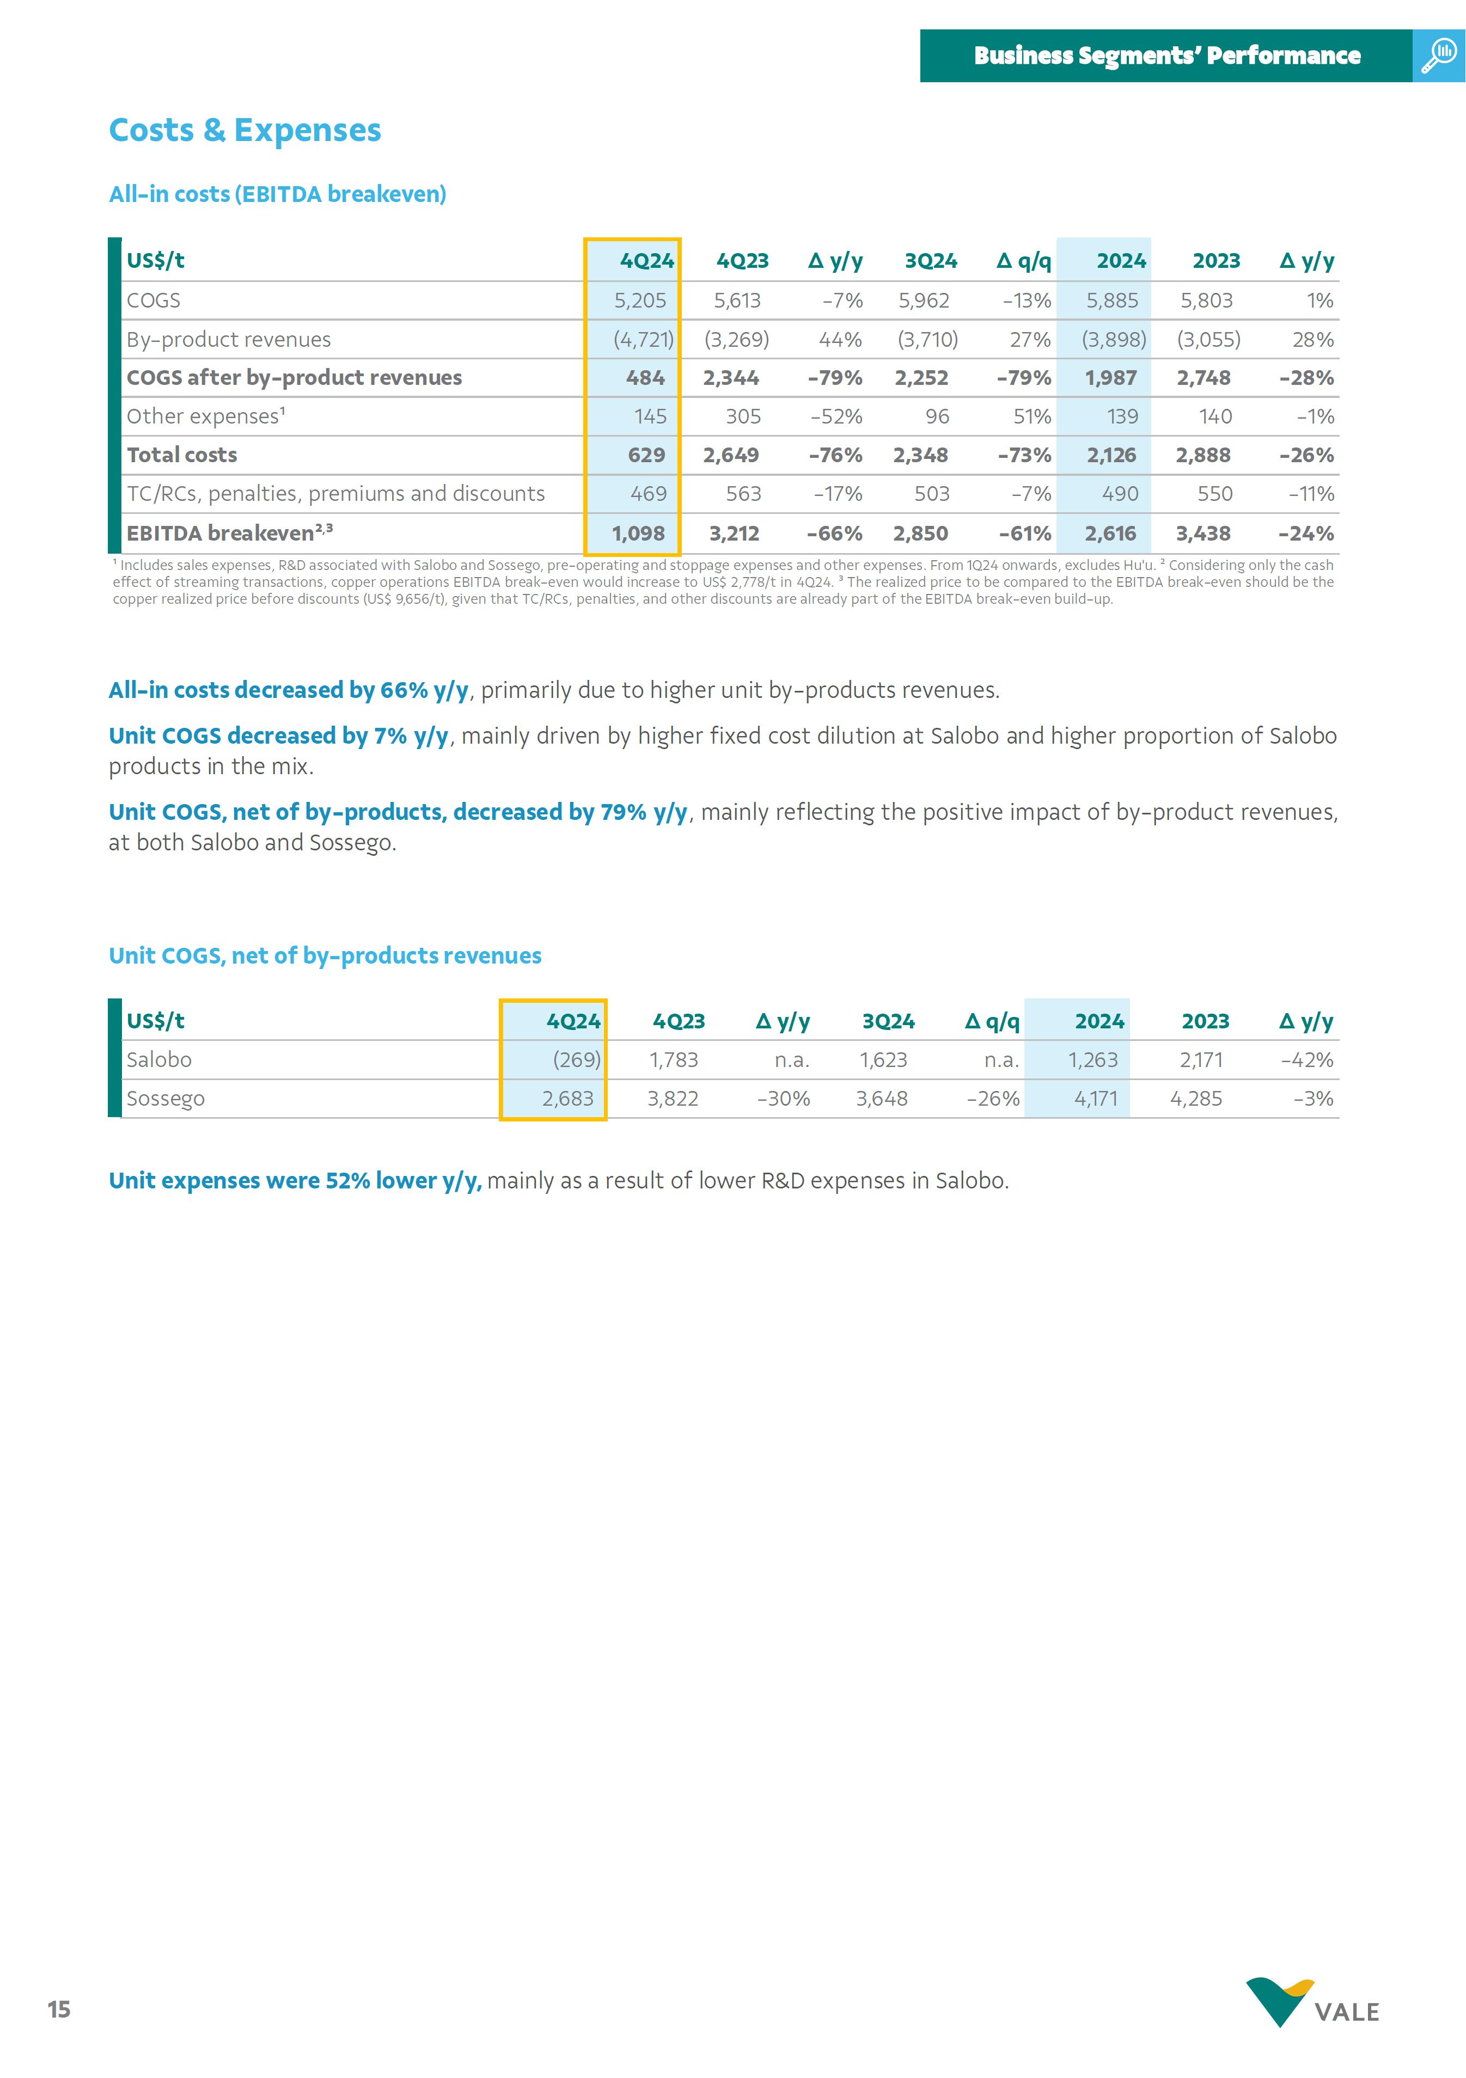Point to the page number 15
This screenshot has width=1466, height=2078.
59,2009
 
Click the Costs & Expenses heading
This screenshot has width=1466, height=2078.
245,130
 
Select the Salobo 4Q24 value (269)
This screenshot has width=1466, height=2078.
576,1060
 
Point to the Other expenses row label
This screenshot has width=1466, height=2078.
205,416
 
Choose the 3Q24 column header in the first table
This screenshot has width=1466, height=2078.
930,261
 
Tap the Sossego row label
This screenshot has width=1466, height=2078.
166,1099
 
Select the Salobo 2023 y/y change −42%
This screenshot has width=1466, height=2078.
1306,1060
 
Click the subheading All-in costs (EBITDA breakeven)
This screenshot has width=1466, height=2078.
277,194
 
